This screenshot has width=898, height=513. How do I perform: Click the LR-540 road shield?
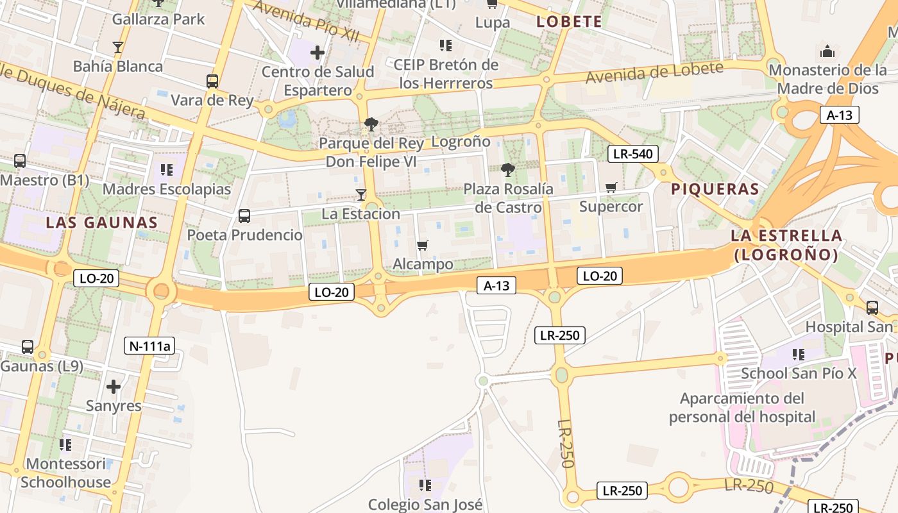632,154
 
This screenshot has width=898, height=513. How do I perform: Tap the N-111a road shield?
149,346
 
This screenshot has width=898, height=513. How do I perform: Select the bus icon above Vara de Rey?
212,81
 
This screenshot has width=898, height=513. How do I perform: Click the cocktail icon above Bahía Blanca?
117,47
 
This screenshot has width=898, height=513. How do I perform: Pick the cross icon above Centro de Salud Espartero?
318,53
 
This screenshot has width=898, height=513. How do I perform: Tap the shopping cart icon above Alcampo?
422,245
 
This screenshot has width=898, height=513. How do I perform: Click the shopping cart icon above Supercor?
611,187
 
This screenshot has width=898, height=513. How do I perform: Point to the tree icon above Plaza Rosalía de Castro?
508,170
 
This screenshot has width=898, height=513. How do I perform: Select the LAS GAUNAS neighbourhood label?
101,223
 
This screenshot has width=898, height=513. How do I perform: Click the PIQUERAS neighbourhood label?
715,189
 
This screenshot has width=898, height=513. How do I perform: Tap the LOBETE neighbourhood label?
570,22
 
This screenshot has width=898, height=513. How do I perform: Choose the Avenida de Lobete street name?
654,72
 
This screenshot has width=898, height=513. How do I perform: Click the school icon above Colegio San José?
425,485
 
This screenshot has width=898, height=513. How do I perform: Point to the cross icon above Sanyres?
114,387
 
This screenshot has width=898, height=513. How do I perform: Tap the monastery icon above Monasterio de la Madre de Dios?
827,51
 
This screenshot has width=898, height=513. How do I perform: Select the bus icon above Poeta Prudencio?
244,216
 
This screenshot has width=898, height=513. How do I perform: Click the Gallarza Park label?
158,19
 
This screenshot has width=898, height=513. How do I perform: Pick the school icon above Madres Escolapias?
167,170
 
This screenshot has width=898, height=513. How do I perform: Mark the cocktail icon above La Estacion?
361,194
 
